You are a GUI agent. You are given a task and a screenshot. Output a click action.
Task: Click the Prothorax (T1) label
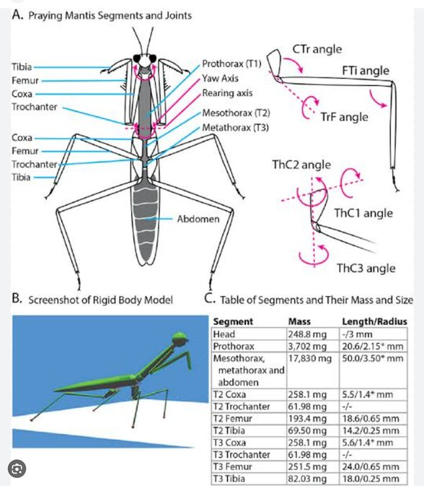click(232, 63)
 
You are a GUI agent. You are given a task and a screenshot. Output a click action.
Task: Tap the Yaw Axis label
click(221, 77)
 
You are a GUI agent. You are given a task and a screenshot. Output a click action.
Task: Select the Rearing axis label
click(227, 92)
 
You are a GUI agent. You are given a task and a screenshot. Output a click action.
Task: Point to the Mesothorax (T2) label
click(236, 113)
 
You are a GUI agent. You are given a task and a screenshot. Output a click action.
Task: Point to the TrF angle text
click(344, 117)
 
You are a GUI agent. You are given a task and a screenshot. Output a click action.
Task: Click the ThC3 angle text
click(366, 268)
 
